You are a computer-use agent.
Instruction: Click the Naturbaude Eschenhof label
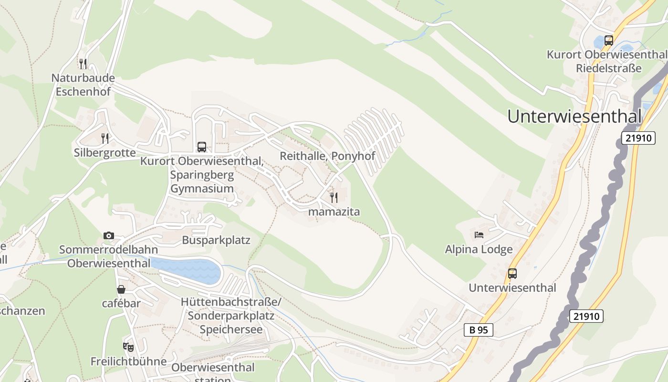[x=83, y=84]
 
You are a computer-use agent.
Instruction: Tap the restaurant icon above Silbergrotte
[x=105, y=138]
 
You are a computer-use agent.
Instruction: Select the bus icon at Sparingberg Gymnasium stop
[x=202, y=147]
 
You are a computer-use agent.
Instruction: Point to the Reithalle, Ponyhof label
[x=327, y=156]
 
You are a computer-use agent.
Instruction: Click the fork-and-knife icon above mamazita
[x=334, y=197]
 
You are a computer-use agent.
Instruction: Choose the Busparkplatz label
[x=216, y=240]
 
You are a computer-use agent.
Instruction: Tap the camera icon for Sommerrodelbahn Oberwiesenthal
[x=109, y=235]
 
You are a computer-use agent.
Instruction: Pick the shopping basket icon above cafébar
[x=121, y=289]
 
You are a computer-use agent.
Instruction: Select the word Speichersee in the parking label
[x=231, y=329]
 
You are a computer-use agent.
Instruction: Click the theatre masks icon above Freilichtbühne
[x=128, y=347]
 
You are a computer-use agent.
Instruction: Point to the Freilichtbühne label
[x=128, y=361]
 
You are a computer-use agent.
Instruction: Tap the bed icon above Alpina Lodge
[x=479, y=234]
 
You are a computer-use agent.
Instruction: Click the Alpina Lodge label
[x=479, y=249]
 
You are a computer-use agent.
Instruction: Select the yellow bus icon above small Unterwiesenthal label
[x=512, y=274]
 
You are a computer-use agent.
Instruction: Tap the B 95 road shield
[x=478, y=329]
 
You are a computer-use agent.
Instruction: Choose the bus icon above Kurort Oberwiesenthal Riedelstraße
[x=608, y=41]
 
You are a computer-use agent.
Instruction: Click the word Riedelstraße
[x=608, y=68]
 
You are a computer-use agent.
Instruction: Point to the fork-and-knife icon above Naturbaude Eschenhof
[x=83, y=64]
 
